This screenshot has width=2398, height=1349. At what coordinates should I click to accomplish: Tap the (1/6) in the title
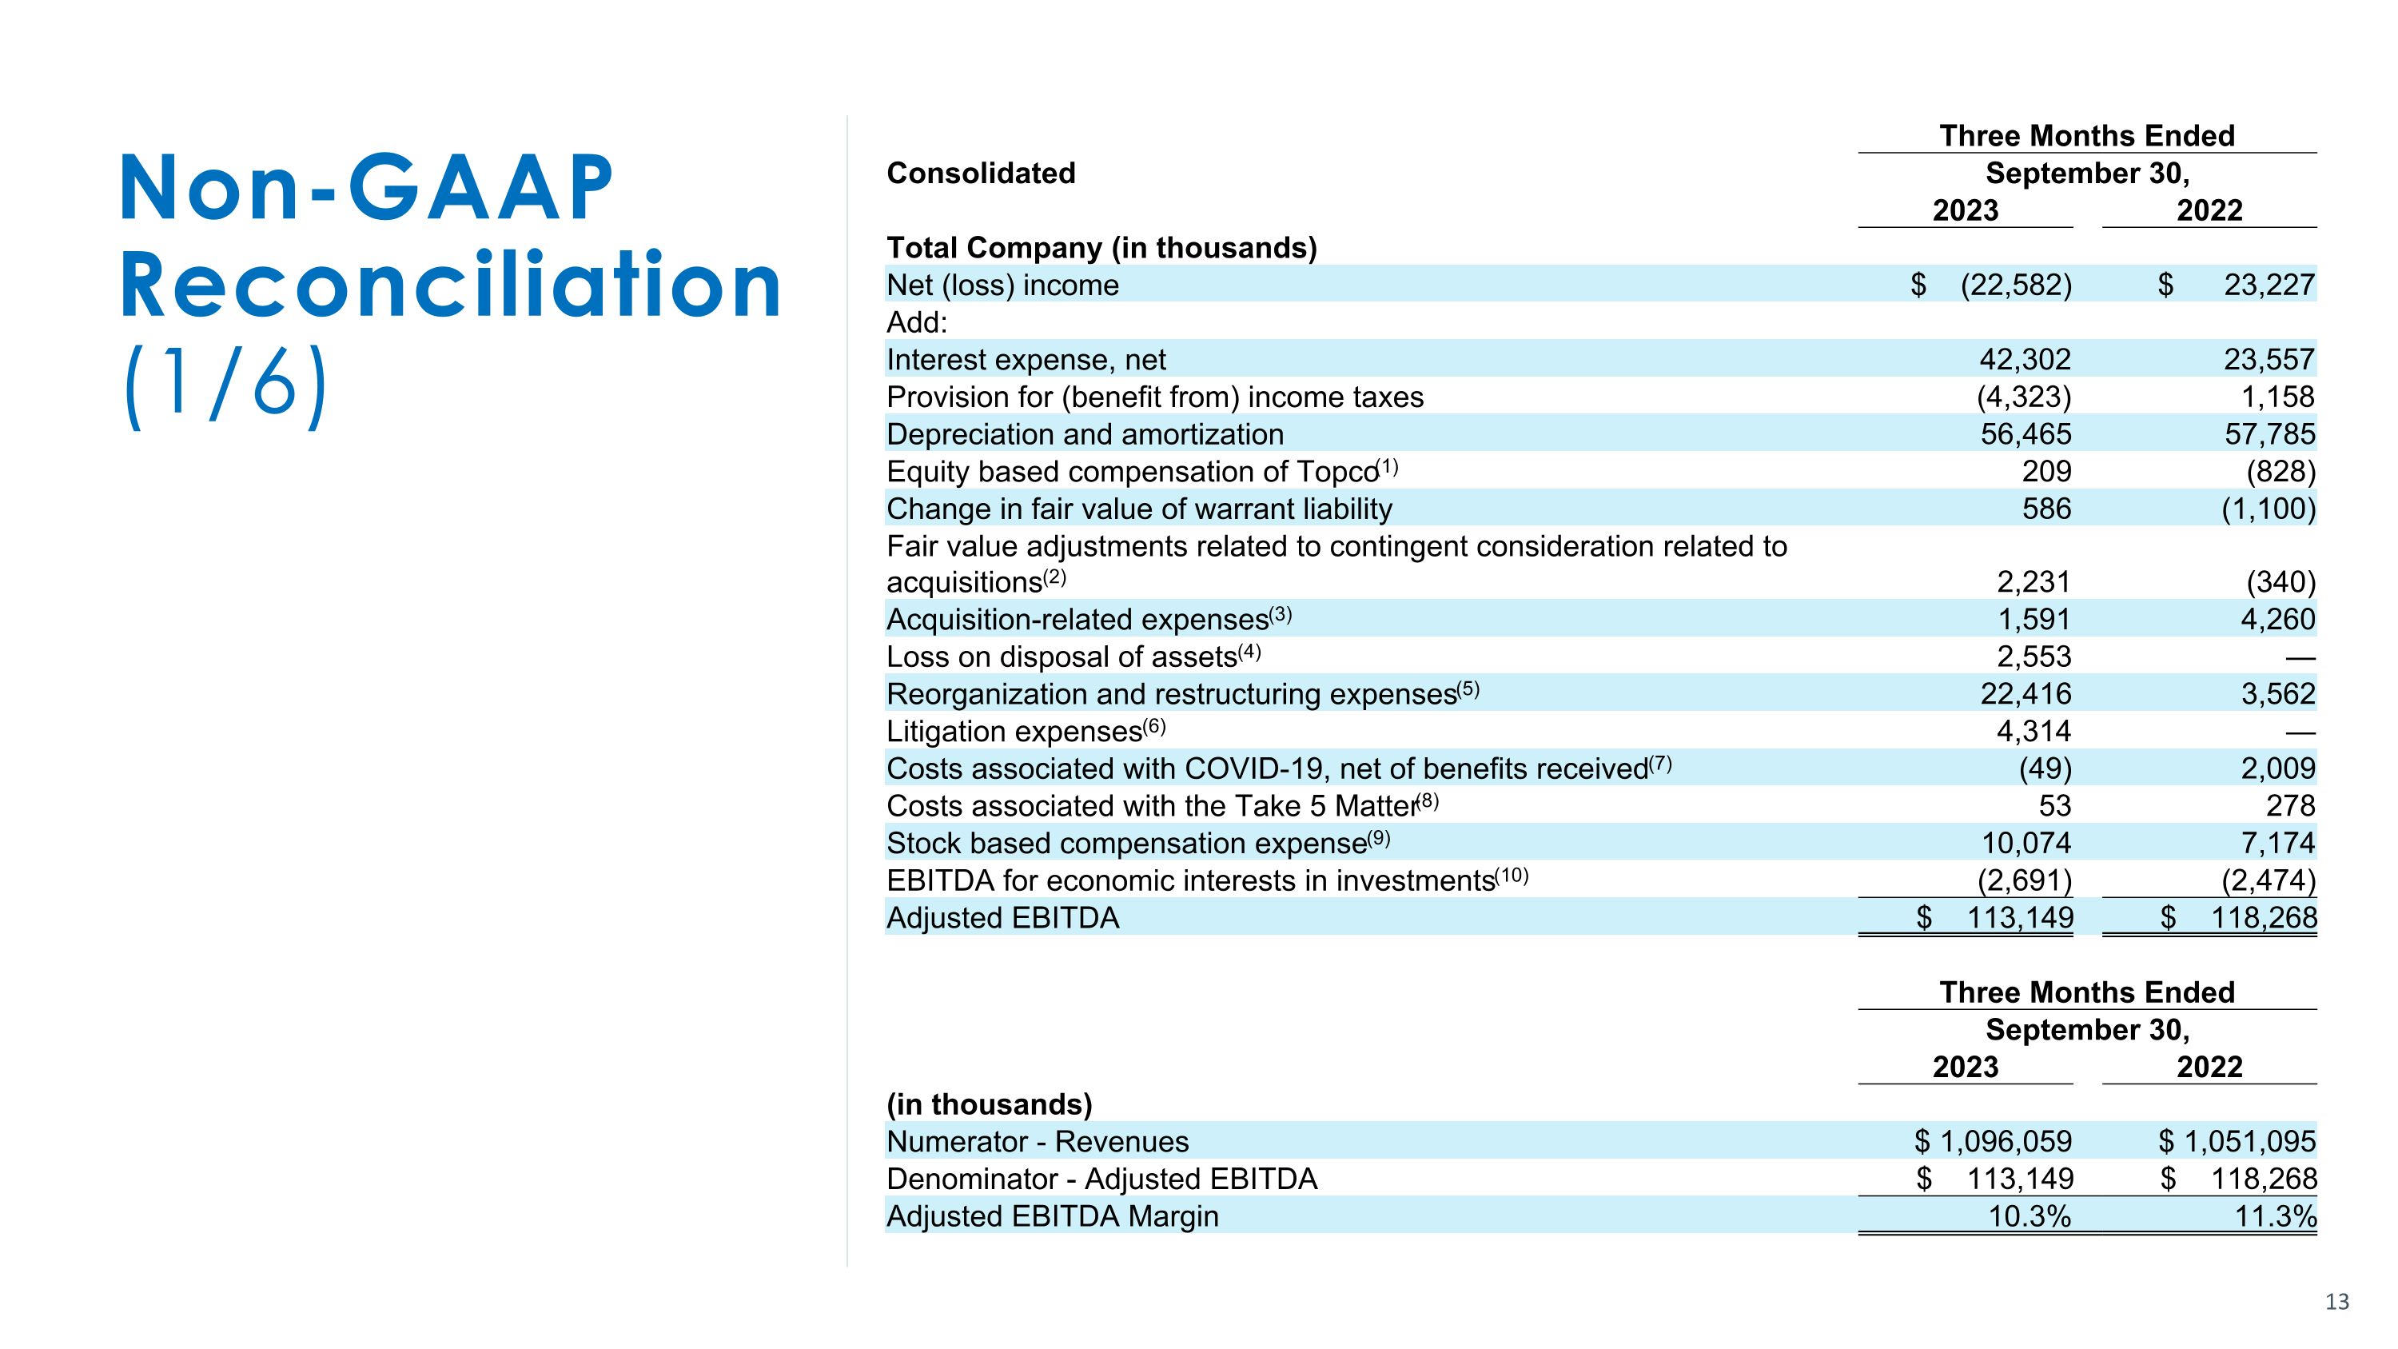pos(225,385)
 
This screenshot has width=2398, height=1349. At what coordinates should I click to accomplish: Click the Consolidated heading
pos(980,174)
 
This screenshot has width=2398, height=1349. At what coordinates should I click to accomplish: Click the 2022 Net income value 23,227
pos(2269,285)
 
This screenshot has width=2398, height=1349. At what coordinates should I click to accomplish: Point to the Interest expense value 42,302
pos(2025,359)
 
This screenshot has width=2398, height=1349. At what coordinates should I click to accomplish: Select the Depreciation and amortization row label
pos(1085,434)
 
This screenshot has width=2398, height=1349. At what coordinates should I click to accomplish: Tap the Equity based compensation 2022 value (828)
pos(2280,471)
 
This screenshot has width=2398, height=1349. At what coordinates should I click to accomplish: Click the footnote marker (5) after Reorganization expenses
pos(1468,689)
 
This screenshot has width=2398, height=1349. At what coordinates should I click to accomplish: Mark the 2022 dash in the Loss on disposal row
pos(2300,658)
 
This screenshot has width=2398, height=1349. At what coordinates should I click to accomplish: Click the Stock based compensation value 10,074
pos(2026,843)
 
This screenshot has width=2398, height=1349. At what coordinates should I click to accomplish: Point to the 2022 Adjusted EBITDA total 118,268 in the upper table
pos(2263,918)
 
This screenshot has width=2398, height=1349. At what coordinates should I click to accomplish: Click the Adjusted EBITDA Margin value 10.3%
pos(2030,1216)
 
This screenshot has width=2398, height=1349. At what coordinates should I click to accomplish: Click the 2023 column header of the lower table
pos(1965,1067)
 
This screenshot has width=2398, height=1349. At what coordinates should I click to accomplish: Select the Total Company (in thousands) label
pos(1101,248)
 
